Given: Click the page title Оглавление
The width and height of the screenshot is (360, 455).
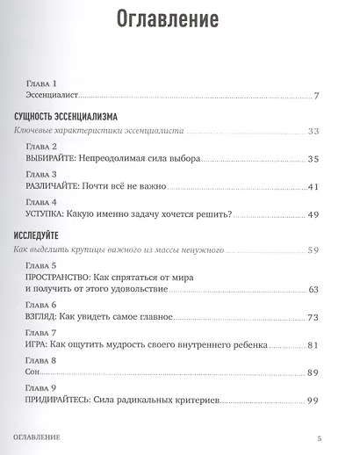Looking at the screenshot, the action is point(179,20).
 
